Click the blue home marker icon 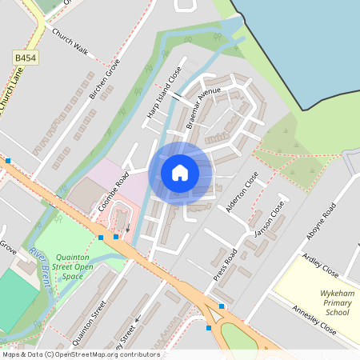click(180, 172)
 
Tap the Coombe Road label click(114, 193)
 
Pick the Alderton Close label click(242, 192)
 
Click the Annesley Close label click(314, 319)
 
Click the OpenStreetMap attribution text click(81, 354)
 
